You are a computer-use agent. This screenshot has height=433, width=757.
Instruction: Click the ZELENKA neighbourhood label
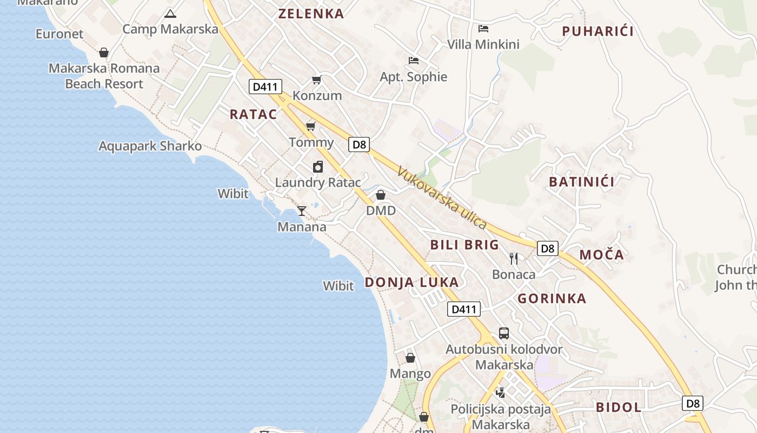[x=311, y=14]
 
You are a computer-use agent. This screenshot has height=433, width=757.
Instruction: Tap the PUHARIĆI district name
[x=597, y=31]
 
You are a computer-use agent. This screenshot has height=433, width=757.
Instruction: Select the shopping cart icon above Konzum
[x=317, y=80]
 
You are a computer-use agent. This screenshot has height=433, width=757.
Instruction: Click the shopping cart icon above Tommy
[x=311, y=127]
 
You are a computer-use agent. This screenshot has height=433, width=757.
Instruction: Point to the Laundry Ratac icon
[x=318, y=167]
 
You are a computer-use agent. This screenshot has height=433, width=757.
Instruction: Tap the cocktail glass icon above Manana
[x=302, y=211]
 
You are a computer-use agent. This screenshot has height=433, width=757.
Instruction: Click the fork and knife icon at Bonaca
[x=514, y=259]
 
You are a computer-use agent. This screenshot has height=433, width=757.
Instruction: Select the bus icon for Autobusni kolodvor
[x=503, y=333]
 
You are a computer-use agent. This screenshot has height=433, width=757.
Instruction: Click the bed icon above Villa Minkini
[x=483, y=29]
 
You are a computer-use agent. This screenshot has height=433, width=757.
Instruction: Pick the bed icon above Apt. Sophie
[x=414, y=61]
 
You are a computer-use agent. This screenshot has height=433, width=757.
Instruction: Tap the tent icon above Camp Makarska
[x=170, y=14]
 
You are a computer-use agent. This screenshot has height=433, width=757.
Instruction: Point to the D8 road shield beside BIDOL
[x=693, y=403]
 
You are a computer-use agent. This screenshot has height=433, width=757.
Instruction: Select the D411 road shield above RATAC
[x=265, y=87]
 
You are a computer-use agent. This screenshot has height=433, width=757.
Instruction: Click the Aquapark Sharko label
[x=150, y=146]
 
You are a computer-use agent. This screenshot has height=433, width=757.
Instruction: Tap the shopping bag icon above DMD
[x=381, y=195]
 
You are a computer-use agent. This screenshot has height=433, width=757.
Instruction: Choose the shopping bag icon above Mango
[x=410, y=358]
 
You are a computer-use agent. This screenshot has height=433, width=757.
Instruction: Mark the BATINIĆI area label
[x=581, y=182]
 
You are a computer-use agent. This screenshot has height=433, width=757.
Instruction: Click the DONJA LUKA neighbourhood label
[x=411, y=282]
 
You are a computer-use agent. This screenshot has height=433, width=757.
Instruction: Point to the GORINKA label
[x=552, y=298]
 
